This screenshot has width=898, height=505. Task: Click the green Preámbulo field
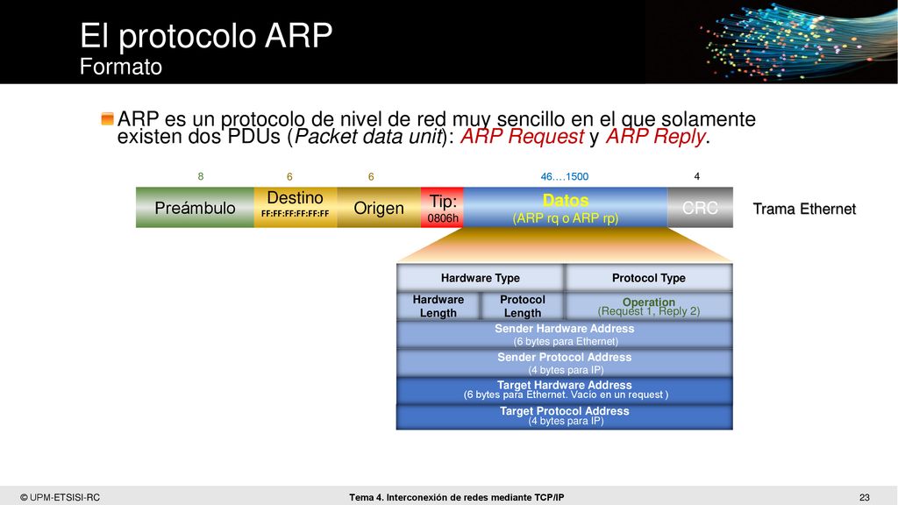(x=195, y=207)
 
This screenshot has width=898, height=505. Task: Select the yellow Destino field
(x=296, y=207)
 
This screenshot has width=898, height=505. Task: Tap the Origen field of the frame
(x=379, y=207)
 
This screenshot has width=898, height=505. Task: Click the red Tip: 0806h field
(x=442, y=207)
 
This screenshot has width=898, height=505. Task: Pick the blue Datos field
(x=566, y=207)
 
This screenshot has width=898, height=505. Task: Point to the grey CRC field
(x=700, y=207)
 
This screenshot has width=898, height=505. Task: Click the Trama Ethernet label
(x=804, y=209)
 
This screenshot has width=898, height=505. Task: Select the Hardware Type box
(x=480, y=278)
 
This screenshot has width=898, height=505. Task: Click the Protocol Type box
(x=648, y=278)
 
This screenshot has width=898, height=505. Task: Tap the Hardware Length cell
(x=438, y=306)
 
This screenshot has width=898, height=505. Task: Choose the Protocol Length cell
(x=523, y=306)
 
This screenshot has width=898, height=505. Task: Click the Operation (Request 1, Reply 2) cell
(x=648, y=306)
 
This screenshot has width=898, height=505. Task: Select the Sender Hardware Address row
(x=565, y=334)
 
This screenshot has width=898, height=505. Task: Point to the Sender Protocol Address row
(x=565, y=363)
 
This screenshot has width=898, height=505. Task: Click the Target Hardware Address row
(x=565, y=390)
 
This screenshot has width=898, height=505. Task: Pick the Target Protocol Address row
(x=565, y=416)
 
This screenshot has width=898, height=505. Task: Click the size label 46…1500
(x=564, y=176)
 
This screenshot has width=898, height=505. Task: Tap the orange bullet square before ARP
(x=107, y=118)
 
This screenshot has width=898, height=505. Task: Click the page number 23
(x=864, y=498)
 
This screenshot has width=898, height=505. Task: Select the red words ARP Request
(x=522, y=137)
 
